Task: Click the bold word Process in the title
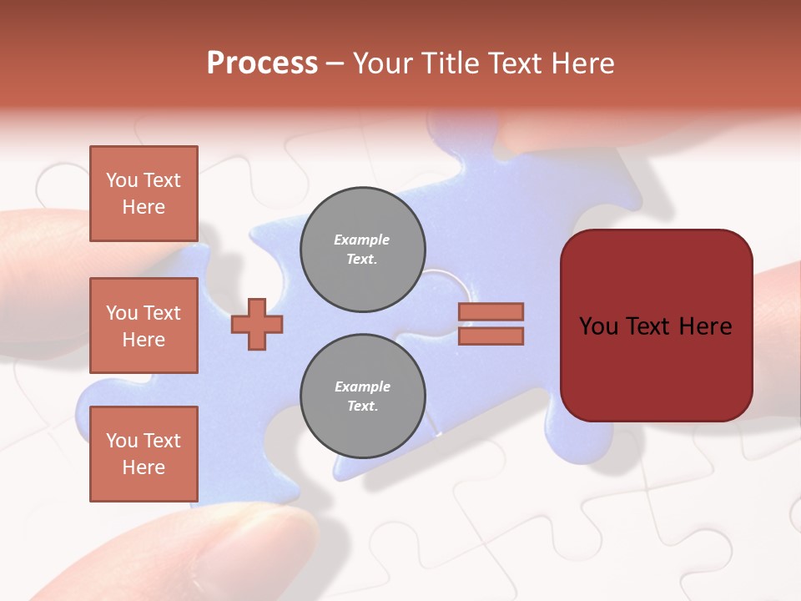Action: click(x=262, y=63)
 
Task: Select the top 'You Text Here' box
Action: click(x=144, y=194)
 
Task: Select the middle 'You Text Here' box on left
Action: click(x=144, y=326)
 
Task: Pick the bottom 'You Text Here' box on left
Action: click(x=144, y=453)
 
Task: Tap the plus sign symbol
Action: click(x=257, y=324)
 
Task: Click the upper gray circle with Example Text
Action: click(x=362, y=250)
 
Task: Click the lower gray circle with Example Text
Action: click(x=362, y=396)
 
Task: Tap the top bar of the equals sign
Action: click(x=491, y=311)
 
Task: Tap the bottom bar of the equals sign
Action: click(x=491, y=336)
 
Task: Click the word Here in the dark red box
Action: click(x=705, y=326)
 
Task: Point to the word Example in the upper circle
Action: click(x=362, y=240)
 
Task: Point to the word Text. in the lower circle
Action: click(x=362, y=407)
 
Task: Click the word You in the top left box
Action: click(x=122, y=180)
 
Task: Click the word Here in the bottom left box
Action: click(x=144, y=467)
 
